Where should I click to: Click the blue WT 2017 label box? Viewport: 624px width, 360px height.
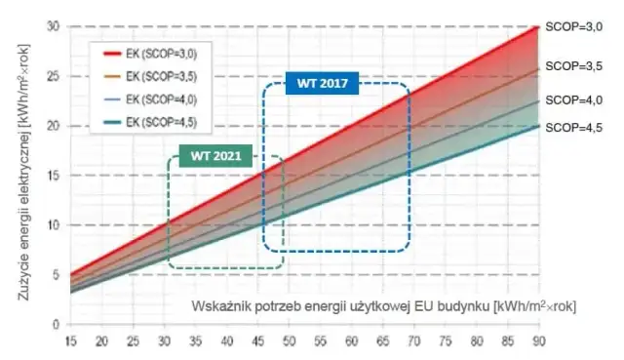coord(323,84)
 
